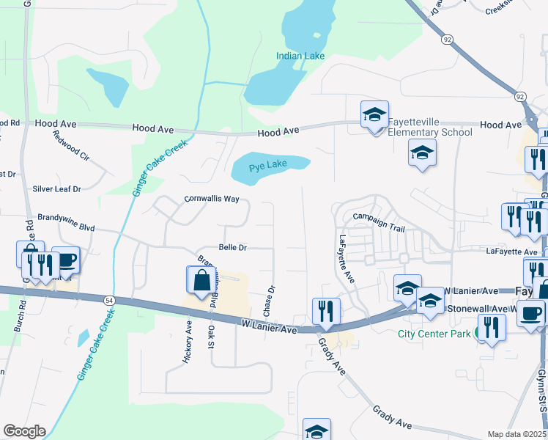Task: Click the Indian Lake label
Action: tap(300, 56)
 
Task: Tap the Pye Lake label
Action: tap(267, 166)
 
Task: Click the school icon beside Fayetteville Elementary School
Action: tap(374, 116)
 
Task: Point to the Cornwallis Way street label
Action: tap(212, 199)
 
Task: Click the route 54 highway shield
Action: tap(109, 301)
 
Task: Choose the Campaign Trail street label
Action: tap(378, 217)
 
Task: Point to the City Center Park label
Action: tap(434, 334)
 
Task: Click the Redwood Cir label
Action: tap(71, 147)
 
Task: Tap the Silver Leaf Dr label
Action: tap(56, 188)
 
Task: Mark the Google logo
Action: tap(24, 431)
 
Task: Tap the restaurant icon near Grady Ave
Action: tap(323, 311)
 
